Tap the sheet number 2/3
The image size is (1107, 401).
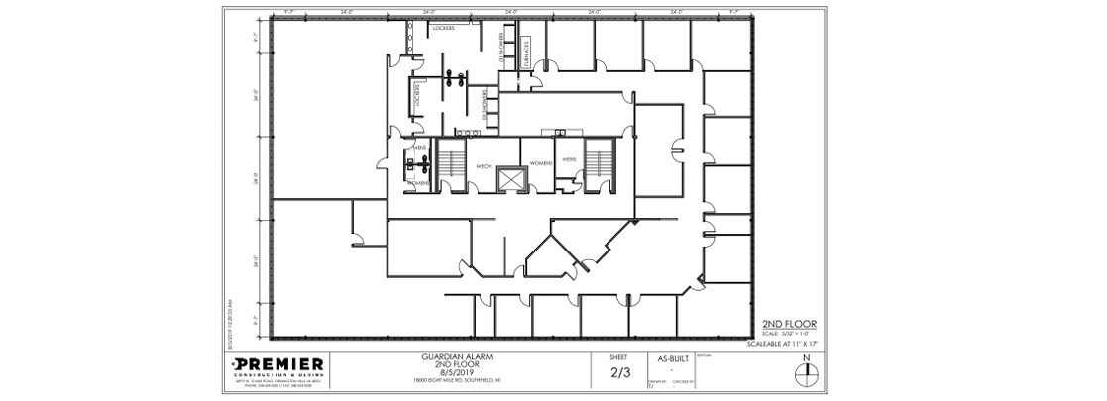618,373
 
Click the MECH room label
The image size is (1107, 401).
484,166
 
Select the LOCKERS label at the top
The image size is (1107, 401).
443,29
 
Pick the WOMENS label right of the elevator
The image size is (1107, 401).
541,162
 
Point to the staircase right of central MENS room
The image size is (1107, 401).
599,161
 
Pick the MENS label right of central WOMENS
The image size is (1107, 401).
569,158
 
